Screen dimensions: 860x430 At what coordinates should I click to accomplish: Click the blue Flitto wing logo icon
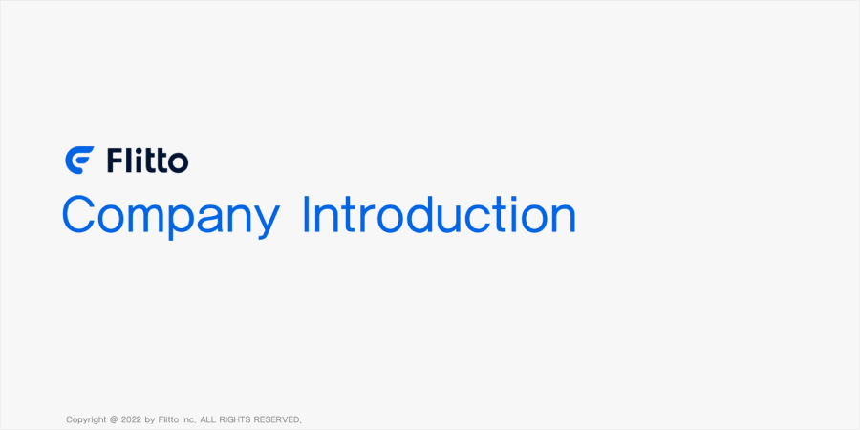pyautogui.click(x=79, y=161)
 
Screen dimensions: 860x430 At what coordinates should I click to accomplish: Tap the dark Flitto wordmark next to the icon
pyautogui.click(x=147, y=161)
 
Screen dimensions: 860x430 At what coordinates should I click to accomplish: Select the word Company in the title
pyautogui.click(x=171, y=217)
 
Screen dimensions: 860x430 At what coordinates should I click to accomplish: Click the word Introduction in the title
pyautogui.click(x=440, y=214)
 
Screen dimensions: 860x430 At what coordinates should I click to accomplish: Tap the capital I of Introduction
pyautogui.click(x=306, y=214)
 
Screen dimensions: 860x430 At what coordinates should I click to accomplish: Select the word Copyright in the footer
pyautogui.click(x=86, y=420)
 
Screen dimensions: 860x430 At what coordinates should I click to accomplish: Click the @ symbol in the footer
pyautogui.click(x=114, y=419)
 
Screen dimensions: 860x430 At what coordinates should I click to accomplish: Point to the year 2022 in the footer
pyautogui.click(x=132, y=419)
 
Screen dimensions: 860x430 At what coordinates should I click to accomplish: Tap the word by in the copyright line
pyautogui.click(x=150, y=420)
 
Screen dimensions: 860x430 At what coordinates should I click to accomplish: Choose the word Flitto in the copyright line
pyautogui.click(x=168, y=419)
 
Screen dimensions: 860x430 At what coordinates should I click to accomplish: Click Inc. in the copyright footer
pyautogui.click(x=188, y=419)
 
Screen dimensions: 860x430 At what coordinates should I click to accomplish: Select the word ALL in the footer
pyautogui.click(x=208, y=419)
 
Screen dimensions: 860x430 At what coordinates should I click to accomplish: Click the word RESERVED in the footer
pyautogui.click(x=277, y=419)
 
